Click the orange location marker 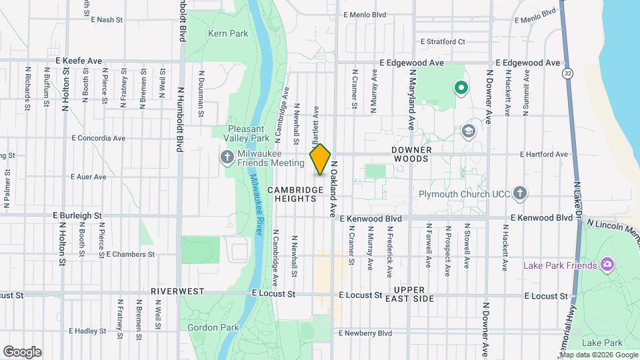[x=321, y=159]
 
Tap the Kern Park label [x=227, y=33]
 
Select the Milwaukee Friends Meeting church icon [x=227, y=157]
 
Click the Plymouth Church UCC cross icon [x=521, y=194]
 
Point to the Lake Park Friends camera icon [x=607, y=265]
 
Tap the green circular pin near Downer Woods [x=460, y=87]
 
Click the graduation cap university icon [x=468, y=131]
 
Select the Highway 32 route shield [x=567, y=72]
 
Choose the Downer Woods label [x=412, y=154]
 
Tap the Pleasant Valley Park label [x=249, y=133]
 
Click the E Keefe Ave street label [x=79, y=61]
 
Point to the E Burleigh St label [x=77, y=216]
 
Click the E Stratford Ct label [x=441, y=41]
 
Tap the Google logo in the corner [x=22, y=352]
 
